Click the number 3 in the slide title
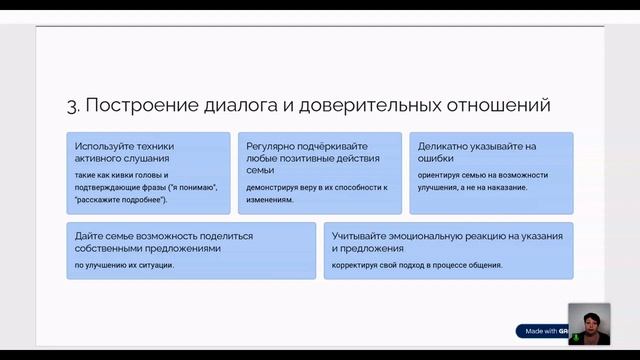tap(71, 104)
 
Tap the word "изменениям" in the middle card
tap(270, 199)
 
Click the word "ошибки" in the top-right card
tap(436, 158)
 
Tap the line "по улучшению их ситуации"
tap(124, 265)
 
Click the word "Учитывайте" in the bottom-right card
tap(365, 236)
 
